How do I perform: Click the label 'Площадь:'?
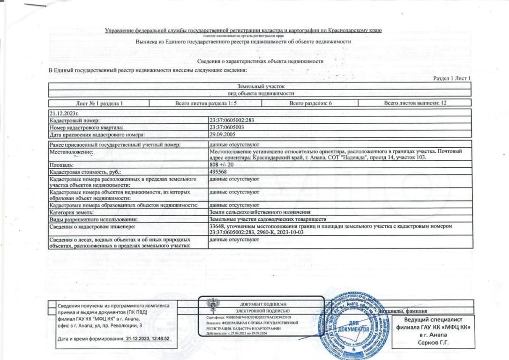pos(60,165)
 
